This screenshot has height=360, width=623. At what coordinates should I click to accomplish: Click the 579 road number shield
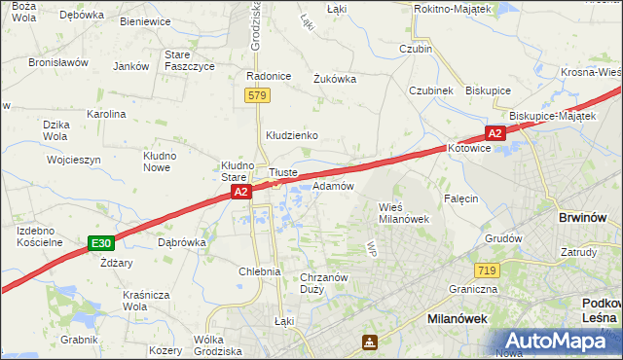click(x=257, y=95)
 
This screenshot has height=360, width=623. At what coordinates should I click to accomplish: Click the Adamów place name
click(x=333, y=186)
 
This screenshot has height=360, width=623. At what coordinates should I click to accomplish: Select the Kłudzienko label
click(x=293, y=136)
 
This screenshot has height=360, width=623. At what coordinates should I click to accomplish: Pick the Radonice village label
click(x=269, y=76)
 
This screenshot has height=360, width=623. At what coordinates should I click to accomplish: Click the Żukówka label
click(x=334, y=80)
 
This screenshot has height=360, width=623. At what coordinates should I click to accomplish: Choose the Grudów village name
click(x=503, y=238)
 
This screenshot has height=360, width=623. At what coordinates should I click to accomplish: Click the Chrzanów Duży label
click(x=325, y=282)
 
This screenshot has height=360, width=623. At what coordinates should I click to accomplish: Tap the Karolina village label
click(x=106, y=114)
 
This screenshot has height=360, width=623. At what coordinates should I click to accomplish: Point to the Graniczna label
click(x=474, y=289)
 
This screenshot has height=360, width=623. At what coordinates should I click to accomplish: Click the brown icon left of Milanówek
click(x=370, y=342)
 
